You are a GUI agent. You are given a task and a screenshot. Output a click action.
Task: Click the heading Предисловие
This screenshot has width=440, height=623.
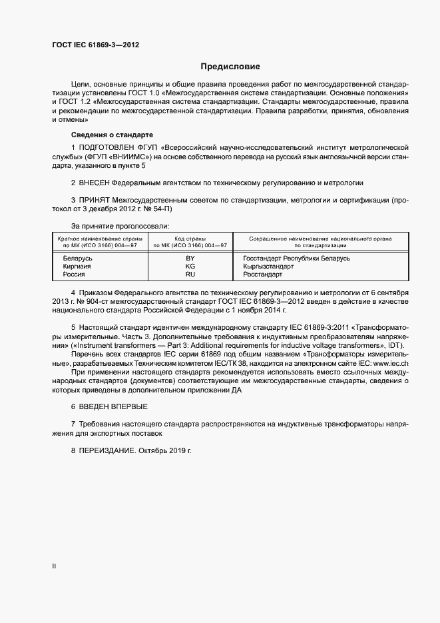coord(230,67)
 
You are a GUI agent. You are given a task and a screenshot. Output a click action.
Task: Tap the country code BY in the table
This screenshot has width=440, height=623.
coord(190,258)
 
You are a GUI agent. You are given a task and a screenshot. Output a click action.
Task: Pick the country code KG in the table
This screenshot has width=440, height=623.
coord(190,266)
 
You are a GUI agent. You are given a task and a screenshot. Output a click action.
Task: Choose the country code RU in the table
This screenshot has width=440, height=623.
coord(190,274)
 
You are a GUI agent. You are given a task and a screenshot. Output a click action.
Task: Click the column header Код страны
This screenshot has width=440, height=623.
coord(190,239)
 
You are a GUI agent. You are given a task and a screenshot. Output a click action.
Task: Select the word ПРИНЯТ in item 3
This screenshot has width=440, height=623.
coord(94,200)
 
